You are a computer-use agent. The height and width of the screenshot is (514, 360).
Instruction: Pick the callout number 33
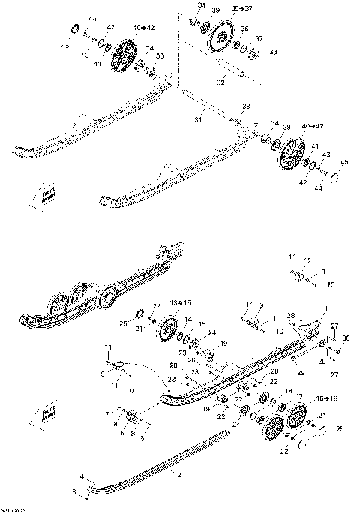[246, 107]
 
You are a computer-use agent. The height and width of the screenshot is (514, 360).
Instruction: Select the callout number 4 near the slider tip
[84, 476]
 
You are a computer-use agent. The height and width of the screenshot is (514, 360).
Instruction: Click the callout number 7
[107, 413]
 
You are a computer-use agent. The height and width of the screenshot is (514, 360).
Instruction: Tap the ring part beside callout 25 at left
[140, 313]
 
